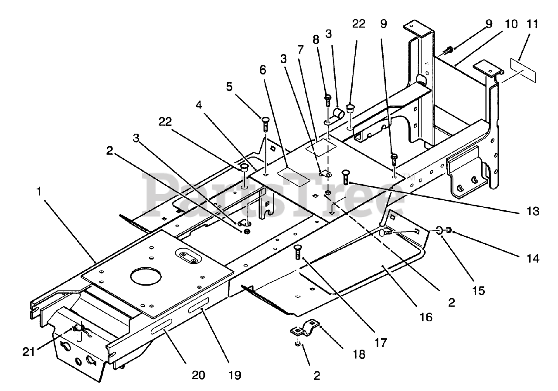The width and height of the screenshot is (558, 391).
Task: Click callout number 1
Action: tap(39, 192)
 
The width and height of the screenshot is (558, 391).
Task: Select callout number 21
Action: tap(29, 352)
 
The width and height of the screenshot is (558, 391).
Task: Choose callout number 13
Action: tap(533, 211)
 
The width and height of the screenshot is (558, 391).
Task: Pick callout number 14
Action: tap(533, 259)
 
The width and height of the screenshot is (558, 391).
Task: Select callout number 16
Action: tap(426, 317)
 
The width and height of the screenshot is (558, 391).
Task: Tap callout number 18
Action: tap(359, 354)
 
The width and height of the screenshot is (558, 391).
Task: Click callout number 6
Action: tap(262, 70)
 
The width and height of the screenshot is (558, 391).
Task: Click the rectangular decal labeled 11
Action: tap(523, 71)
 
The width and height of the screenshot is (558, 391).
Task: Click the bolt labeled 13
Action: tap(345, 177)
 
